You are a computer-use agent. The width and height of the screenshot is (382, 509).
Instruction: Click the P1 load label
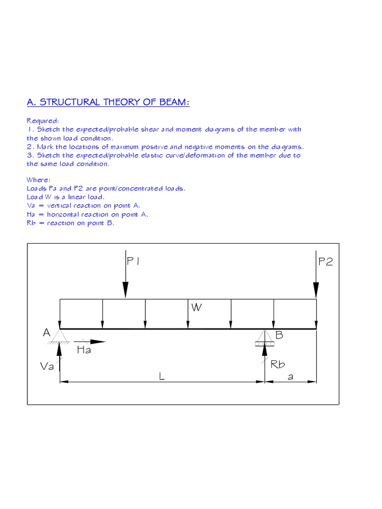pyautogui.click(x=133, y=261)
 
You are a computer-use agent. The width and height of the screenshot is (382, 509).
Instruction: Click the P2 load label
pyautogui.click(x=326, y=261)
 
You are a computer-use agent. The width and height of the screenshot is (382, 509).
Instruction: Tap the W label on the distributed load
pyautogui.click(x=197, y=307)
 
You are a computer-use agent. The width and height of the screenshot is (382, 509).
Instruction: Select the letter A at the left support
pyautogui.click(x=47, y=333)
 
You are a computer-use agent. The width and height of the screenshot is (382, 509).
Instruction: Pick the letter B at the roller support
pyautogui.click(x=279, y=335)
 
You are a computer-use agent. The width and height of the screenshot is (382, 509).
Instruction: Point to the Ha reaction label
pyautogui.click(x=84, y=350)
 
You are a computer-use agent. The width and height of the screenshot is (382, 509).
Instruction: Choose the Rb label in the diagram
pyautogui.click(x=278, y=365)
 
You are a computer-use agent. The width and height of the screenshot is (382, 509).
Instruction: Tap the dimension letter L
pyautogui.click(x=161, y=377)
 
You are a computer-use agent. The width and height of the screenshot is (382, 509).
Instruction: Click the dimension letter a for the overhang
pyautogui.click(x=290, y=377)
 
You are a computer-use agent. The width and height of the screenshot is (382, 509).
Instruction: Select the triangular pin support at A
pyautogui.click(x=60, y=336)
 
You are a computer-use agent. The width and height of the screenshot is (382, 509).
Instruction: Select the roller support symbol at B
pyautogui.click(x=264, y=338)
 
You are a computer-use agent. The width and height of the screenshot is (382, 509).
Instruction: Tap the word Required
pyautogui.click(x=43, y=121)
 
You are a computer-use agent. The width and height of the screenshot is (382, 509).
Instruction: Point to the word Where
pyautogui.click(x=38, y=180)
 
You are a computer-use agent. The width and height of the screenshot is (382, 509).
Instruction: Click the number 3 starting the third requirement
pyautogui.click(x=29, y=155)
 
